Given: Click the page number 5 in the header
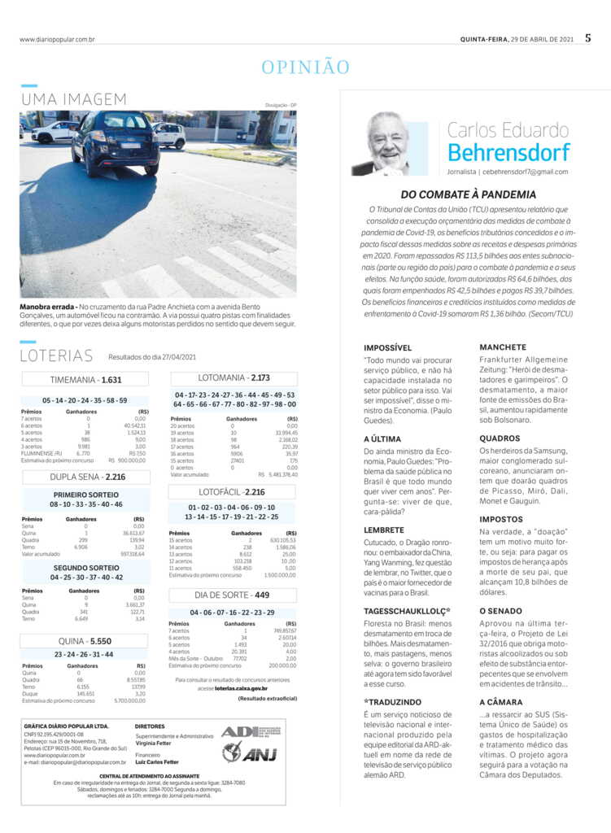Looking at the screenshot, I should click(x=587, y=37).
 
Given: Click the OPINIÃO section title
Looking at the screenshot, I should click(x=305, y=68).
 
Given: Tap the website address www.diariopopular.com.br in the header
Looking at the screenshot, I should click(x=57, y=39).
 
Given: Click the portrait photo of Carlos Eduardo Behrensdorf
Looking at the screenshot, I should click(x=387, y=144).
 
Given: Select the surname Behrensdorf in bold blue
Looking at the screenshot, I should click(x=508, y=152).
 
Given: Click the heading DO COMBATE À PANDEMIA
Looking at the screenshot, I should click(x=468, y=194).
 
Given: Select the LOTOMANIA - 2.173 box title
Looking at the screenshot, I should click(x=233, y=377).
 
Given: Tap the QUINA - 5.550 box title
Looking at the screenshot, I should click(x=85, y=641).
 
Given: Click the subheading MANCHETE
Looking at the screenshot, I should click(x=502, y=347).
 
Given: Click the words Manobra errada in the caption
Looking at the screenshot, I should click(x=47, y=307).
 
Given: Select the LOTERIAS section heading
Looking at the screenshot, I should click(x=58, y=355).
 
